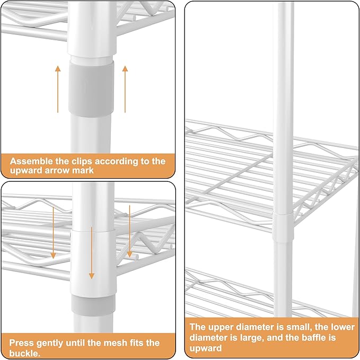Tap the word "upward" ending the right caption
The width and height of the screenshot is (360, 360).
206,348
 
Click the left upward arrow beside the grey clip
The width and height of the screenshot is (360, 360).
58,89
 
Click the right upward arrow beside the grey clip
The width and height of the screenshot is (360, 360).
125,89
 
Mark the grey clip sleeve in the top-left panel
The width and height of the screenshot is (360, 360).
91,89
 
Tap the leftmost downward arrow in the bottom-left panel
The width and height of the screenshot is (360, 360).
53,233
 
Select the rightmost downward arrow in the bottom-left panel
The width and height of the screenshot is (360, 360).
130,231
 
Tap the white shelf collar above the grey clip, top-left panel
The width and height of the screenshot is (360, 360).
92,28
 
